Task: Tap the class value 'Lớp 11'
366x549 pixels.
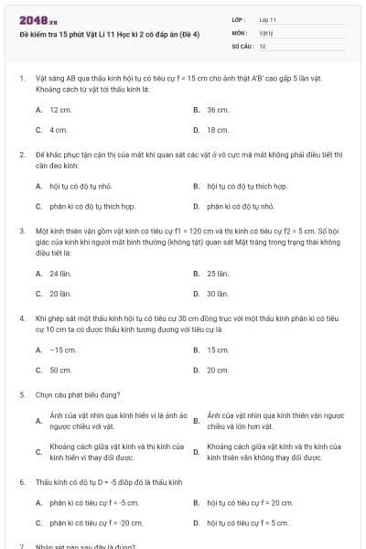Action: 268,18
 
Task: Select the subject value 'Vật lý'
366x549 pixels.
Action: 265,32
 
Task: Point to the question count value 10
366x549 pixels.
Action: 263,45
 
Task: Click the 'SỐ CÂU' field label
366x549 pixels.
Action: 242,45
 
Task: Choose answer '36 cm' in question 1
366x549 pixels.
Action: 217,109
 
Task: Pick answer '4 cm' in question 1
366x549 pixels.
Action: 59,130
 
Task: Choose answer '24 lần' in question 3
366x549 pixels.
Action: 60,273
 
